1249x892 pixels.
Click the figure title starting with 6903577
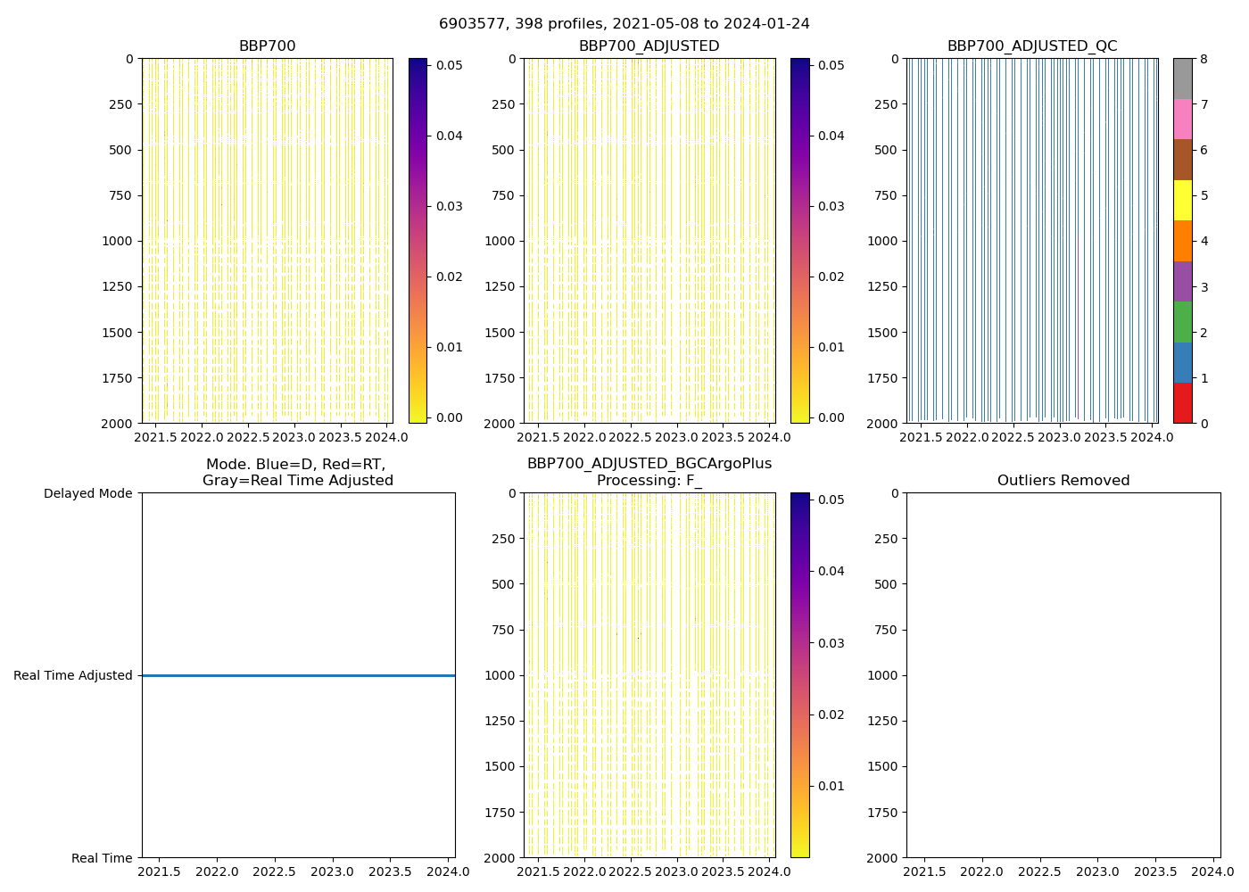point(624,24)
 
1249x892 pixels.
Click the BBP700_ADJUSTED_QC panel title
point(1031,46)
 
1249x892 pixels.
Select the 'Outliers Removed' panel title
point(1063,481)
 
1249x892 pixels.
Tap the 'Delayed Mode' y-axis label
point(87,493)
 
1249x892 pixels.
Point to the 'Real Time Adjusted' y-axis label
point(73,675)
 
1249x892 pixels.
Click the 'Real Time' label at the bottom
point(102,858)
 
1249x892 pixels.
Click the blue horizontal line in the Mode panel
point(298,675)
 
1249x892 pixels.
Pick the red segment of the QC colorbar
point(1182,403)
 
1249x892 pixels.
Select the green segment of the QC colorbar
point(1182,322)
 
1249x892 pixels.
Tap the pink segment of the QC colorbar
point(1182,119)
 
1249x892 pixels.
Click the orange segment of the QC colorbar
point(1182,241)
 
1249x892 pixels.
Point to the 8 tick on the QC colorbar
point(1204,59)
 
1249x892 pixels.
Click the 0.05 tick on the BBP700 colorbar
point(449,65)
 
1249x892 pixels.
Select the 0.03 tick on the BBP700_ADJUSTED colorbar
point(831,206)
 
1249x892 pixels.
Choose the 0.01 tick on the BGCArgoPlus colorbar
point(831,786)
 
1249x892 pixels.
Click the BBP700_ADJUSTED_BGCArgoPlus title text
point(649,464)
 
